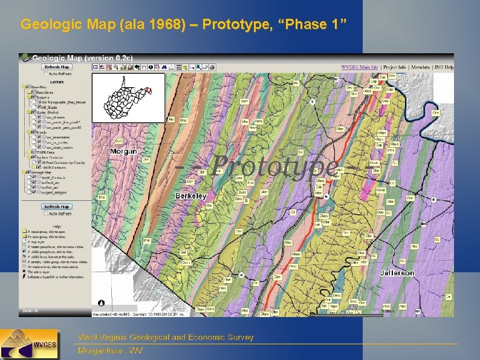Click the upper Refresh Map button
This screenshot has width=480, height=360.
[x=57, y=67]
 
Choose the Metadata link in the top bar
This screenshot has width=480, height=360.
[x=422, y=67]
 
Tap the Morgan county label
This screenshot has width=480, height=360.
[x=124, y=151]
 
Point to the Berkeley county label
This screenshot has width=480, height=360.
[x=191, y=196]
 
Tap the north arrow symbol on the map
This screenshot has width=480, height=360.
[x=102, y=303]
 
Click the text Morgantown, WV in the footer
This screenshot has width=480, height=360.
[x=110, y=351]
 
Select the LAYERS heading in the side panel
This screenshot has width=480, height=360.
[x=57, y=80]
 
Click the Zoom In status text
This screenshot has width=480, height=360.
[x=29, y=311]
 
